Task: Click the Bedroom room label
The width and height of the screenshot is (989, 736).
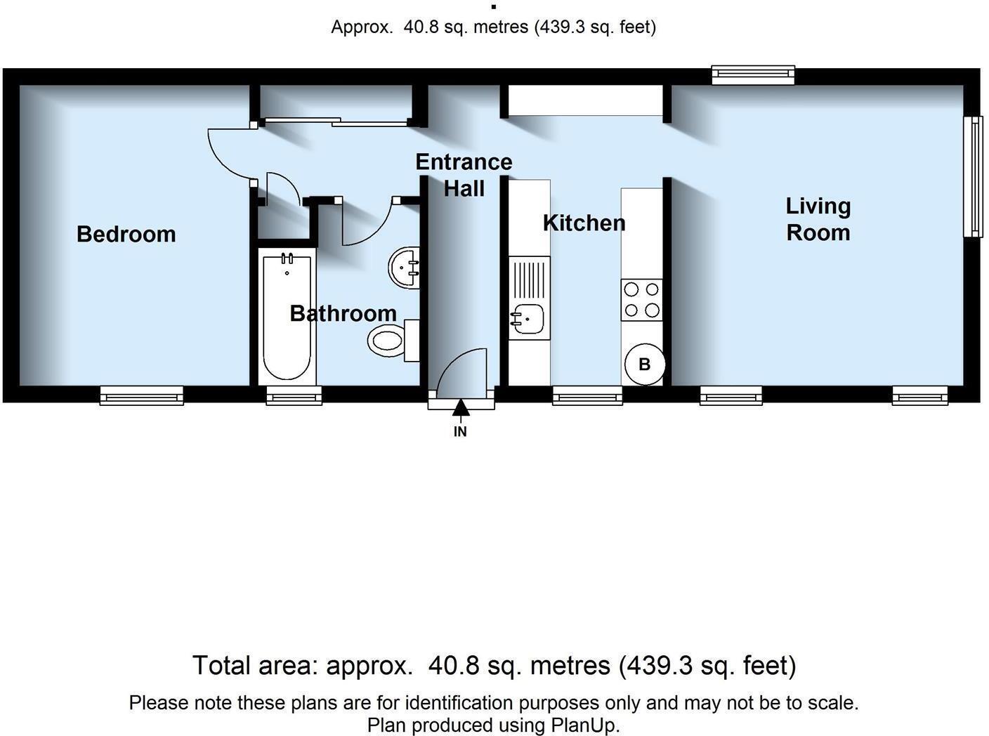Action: [126, 234]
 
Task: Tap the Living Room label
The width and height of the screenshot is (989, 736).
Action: [818, 219]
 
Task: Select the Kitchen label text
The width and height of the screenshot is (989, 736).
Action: [584, 223]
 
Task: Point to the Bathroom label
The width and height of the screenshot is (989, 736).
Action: [343, 313]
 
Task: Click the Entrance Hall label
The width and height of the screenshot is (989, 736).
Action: [464, 175]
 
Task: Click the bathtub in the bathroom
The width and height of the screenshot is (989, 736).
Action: [287, 317]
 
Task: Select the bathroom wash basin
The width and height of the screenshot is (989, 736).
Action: [405, 267]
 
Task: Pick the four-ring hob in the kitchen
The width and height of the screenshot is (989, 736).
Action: [641, 300]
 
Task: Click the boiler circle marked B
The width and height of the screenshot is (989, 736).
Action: [644, 364]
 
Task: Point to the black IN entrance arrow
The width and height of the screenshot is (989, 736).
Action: [460, 409]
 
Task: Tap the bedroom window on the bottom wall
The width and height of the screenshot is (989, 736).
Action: [141, 396]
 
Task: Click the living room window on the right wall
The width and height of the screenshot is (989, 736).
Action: [974, 177]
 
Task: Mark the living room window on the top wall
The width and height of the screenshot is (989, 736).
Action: [753, 74]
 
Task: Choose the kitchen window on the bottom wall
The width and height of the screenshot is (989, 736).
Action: [587, 396]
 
